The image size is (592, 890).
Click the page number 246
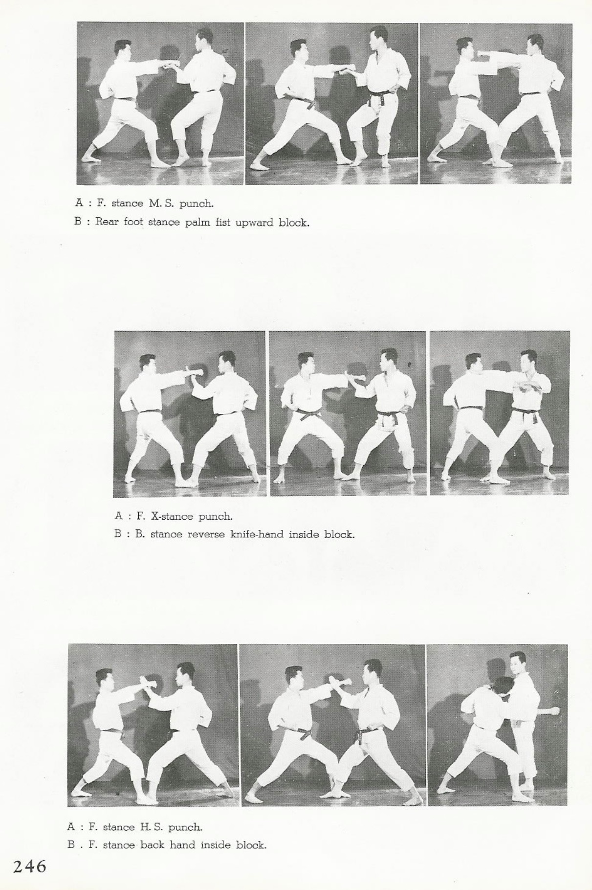click(29, 867)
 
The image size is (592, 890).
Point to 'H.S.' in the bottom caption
click(151, 827)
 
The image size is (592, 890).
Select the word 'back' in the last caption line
click(153, 845)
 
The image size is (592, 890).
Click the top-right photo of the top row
click(496, 103)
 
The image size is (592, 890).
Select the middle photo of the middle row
click(348, 413)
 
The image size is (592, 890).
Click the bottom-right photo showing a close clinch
click(497, 725)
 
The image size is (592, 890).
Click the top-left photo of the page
click(160, 103)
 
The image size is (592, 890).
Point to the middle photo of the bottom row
click(332, 725)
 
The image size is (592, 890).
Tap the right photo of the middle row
click(500, 413)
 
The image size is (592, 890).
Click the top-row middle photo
click(331, 103)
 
